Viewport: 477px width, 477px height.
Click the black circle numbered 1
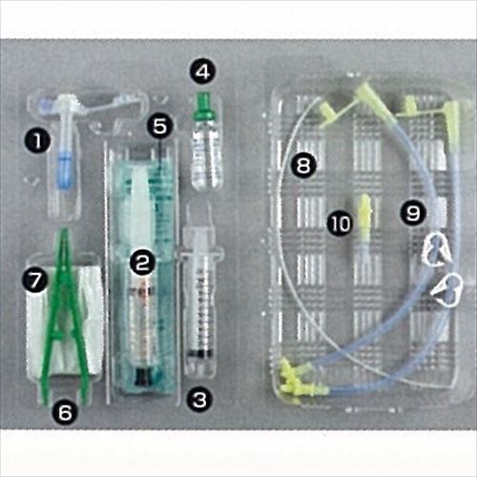(x=37, y=141)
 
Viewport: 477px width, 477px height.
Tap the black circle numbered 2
(x=142, y=262)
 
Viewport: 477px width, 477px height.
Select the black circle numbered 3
(x=199, y=400)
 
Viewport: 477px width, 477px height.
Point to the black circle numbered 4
(x=203, y=72)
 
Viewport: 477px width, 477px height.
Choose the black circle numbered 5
(x=159, y=126)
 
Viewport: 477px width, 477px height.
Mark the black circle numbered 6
(x=65, y=412)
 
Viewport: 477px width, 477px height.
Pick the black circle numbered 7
(x=35, y=280)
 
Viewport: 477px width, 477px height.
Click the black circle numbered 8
(x=303, y=165)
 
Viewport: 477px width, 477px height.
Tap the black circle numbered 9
(x=413, y=213)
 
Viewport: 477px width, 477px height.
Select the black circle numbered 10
(x=341, y=223)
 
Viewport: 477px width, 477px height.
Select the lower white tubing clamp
(x=447, y=290)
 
